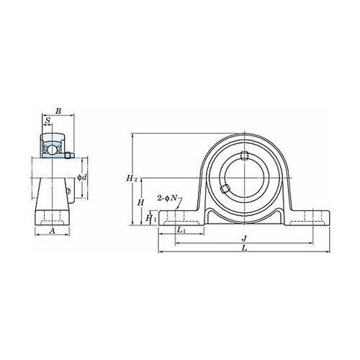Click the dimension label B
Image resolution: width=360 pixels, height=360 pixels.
[58, 111]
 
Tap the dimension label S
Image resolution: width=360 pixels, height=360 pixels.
[48, 120]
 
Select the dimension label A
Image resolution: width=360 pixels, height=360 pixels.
[52, 231]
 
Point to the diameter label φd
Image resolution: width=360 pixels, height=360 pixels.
[81, 177]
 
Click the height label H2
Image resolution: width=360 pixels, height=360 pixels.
[132, 178]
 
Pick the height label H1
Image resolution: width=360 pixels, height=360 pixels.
[151, 218]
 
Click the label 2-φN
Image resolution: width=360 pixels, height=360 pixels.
[167, 198]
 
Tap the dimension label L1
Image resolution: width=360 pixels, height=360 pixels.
[181, 230]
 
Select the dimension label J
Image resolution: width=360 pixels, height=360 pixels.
[244, 238]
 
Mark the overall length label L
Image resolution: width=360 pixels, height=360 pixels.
[244, 248]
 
